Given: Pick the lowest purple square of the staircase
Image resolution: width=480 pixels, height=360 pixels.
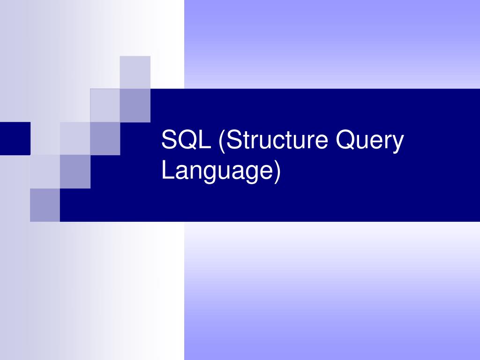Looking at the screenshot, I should click(45, 205).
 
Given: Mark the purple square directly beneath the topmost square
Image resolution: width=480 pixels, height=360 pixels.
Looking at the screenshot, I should click(135, 105).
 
